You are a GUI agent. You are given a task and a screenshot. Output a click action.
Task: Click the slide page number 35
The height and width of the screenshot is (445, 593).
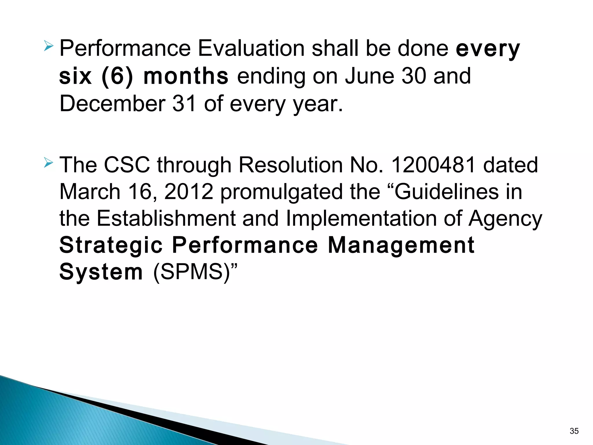[574, 431]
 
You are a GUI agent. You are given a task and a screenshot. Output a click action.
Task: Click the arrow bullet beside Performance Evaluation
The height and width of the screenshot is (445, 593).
[48, 46]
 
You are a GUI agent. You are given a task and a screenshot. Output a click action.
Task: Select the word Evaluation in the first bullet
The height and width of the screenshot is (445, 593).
[251, 48]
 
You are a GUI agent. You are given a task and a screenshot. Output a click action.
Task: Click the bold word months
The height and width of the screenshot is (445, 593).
[186, 76]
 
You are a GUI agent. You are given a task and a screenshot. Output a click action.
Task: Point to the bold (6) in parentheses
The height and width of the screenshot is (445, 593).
[117, 76]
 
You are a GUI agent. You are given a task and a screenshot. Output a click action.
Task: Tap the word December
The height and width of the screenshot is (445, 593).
[112, 104]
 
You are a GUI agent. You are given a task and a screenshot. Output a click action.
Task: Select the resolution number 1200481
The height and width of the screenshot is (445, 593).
[433, 165]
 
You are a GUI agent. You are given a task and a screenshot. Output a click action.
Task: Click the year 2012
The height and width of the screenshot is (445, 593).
[189, 192]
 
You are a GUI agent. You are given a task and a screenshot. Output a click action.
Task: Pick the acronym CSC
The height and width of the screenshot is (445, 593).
[127, 165]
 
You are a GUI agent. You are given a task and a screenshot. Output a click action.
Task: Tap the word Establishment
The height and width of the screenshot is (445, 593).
[166, 218]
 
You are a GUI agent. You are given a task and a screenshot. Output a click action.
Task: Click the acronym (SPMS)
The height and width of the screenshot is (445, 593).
[192, 272]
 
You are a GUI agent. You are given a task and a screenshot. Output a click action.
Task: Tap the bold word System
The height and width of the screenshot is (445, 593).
[101, 272]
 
